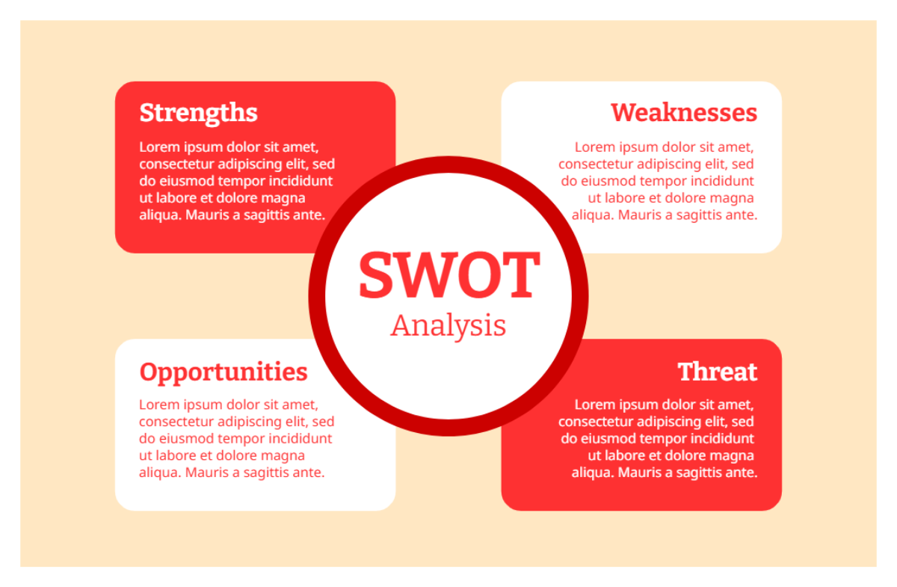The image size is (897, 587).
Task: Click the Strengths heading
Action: pyautogui.click(x=198, y=113)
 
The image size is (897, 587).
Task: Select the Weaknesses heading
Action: pyautogui.click(x=684, y=113)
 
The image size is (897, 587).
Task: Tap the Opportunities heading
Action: pyautogui.click(x=224, y=372)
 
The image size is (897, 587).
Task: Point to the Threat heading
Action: pyautogui.click(x=717, y=372)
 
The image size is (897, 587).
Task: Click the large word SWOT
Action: pyautogui.click(x=449, y=274)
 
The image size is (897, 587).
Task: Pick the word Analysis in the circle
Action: pyautogui.click(x=449, y=325)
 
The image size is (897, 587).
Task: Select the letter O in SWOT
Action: pyautogui.click(x=478, y=274)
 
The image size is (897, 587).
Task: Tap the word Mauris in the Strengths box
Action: pyautogui.click(x=207, y=215)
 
